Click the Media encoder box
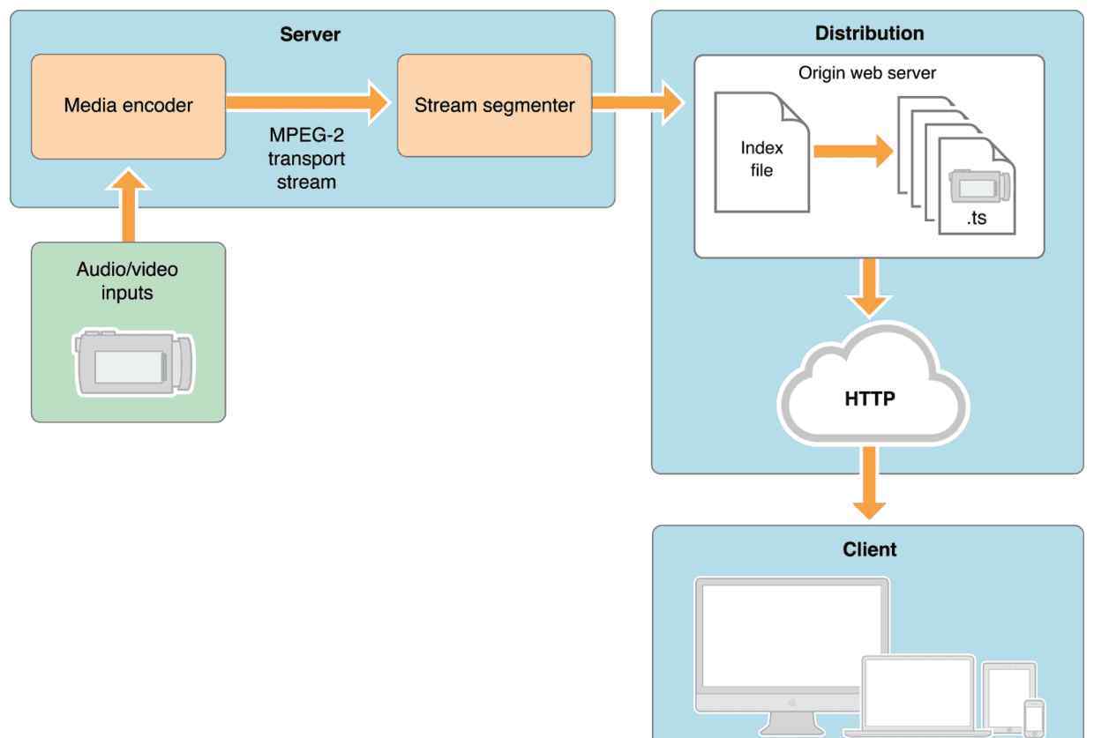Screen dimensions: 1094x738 tap(129, 107)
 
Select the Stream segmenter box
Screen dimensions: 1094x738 tap(495, 106)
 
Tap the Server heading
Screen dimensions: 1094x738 tap(311, 34)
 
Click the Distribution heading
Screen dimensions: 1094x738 tap(869, 34)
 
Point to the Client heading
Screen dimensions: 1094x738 tap(869, 549)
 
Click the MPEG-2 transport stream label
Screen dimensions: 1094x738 tap(307, 158)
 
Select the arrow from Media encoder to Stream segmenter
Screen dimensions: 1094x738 tap(308, 102)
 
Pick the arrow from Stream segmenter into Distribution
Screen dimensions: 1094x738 tap(637, 102)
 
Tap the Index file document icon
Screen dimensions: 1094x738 tap(762, 153)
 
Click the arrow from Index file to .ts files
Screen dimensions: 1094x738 tap(853, 152)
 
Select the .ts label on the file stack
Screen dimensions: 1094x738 tap(977, 218)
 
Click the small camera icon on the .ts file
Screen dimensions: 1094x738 tap(979, 185)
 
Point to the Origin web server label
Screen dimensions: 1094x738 tap(867, 72)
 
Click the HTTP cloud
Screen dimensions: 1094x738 tap(873, 385)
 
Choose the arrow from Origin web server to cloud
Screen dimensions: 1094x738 tap(869, 288)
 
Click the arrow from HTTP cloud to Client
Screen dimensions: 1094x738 tap(869, 482)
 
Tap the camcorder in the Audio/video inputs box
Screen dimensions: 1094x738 tap(133, 362)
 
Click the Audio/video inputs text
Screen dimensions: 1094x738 tap(127, 281)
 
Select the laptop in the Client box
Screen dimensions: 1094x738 tap(918, 696)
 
